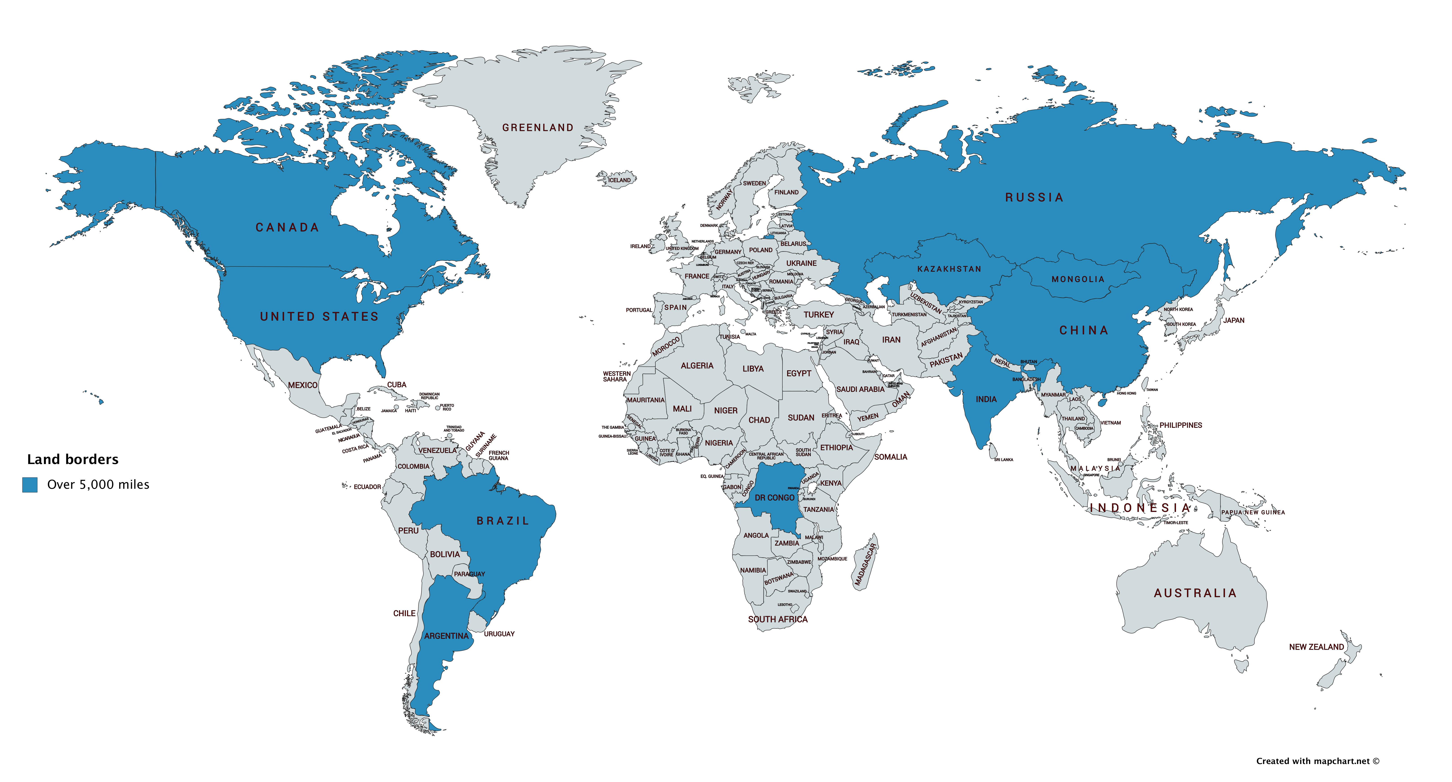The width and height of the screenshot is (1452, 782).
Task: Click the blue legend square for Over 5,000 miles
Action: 30,484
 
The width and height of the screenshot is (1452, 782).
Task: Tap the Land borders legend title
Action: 73,459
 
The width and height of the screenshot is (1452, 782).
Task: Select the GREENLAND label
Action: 538,128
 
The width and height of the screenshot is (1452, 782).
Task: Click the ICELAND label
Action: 619,180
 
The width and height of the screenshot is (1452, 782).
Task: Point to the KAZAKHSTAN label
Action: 949,269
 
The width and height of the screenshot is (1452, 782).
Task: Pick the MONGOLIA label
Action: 1078,280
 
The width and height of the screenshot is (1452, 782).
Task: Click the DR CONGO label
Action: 775,498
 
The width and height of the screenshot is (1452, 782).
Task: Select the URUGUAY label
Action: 499,634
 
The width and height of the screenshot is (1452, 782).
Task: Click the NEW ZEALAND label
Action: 1316,647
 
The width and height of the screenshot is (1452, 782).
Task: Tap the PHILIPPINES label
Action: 1180,425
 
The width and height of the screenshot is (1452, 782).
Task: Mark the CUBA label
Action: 396,385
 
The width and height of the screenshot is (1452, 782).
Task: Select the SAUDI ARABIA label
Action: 860,389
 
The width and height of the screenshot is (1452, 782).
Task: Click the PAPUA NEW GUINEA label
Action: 1252,512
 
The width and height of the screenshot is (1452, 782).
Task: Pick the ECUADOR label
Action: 367,487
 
